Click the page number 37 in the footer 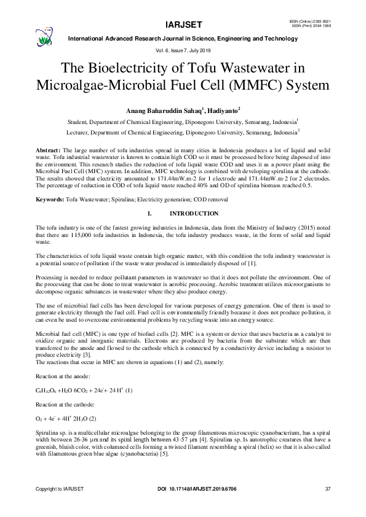pyautogui.click(x=327, y=489)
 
